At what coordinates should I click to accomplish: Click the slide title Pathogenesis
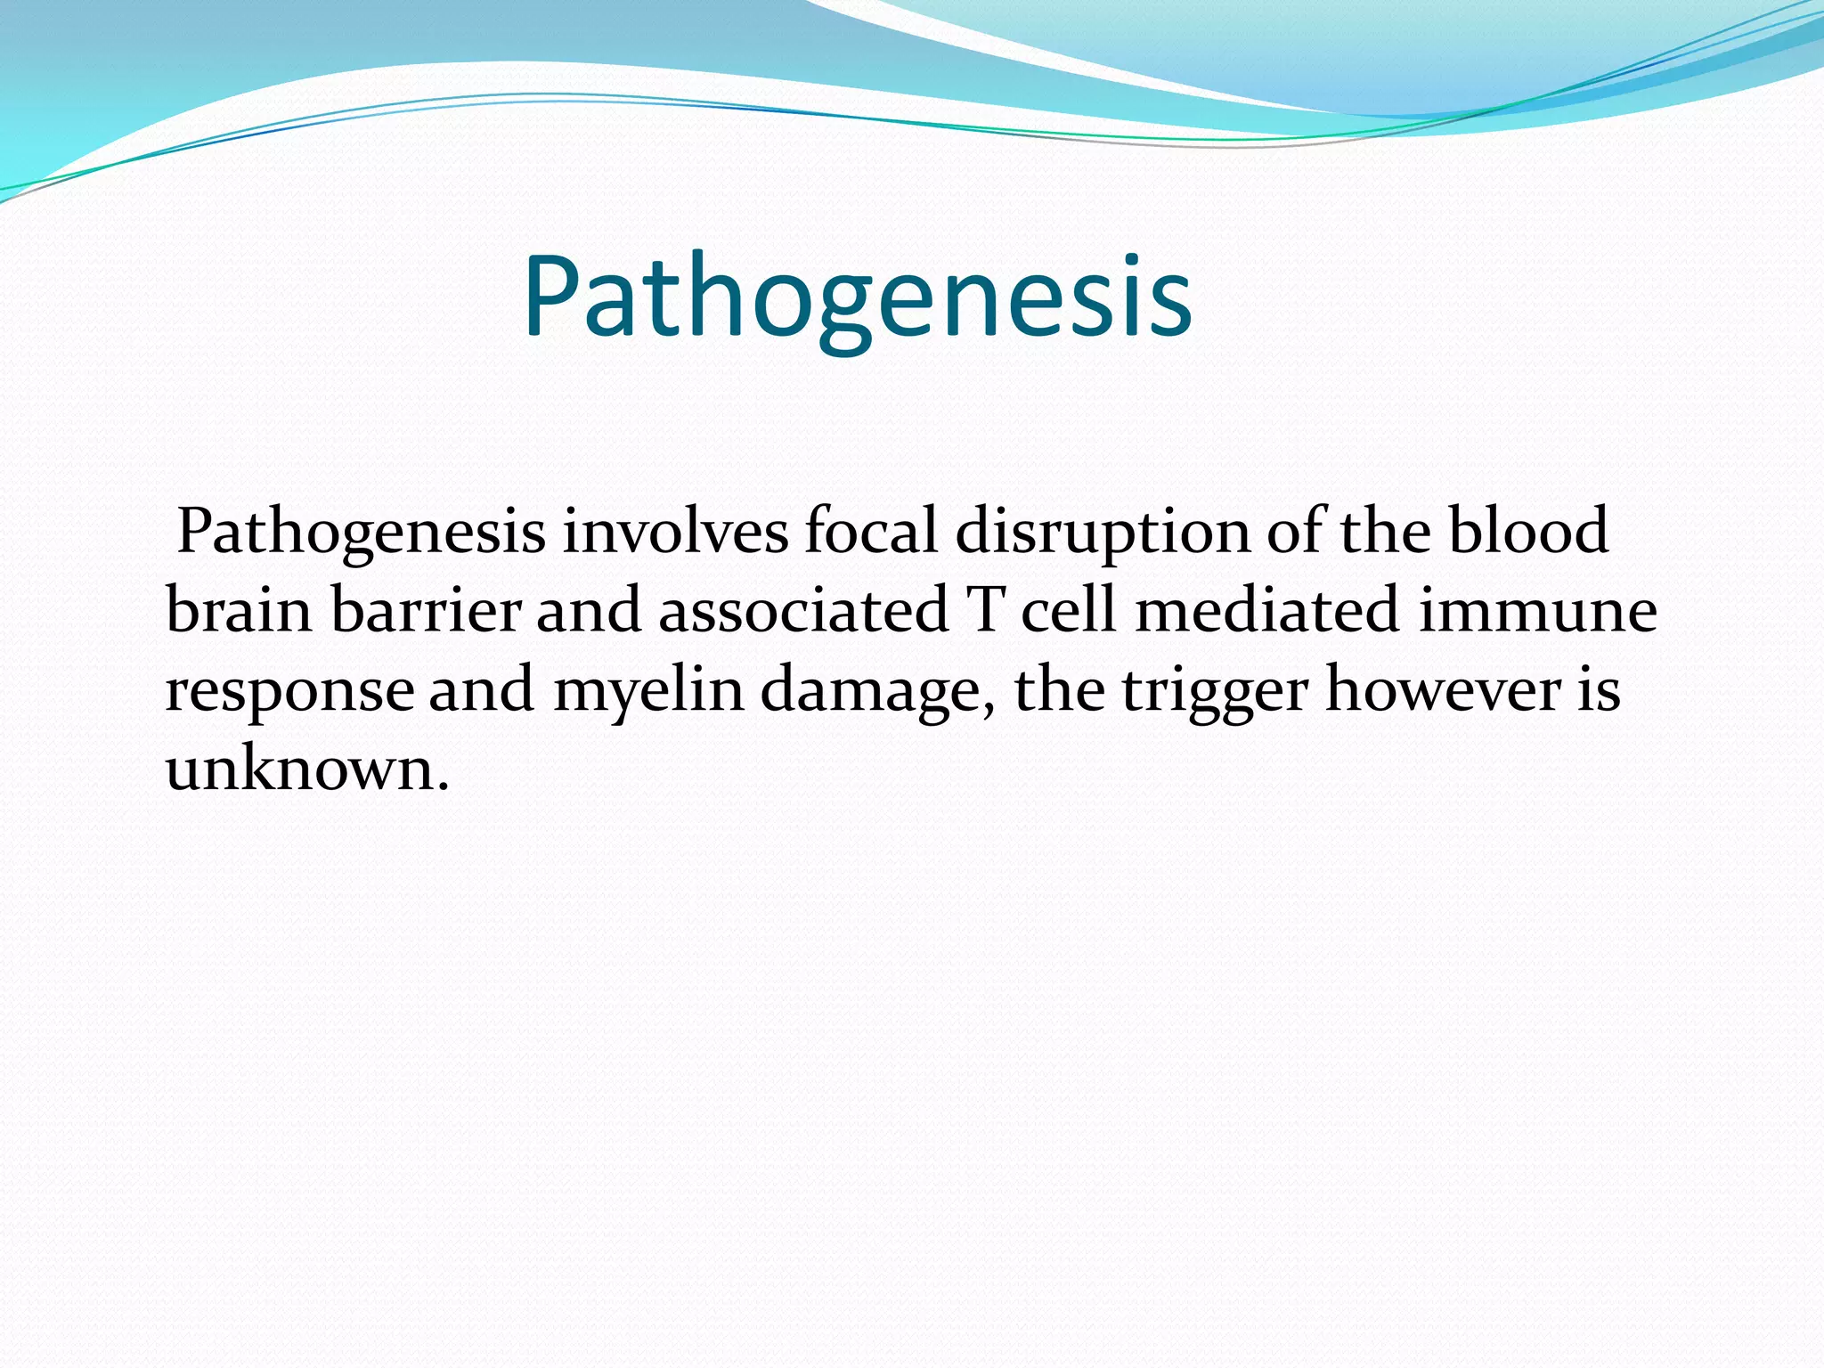(x=857, y=298)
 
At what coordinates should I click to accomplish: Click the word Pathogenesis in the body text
(x=361, y=532)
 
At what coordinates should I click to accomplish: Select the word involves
(x=675, y=532)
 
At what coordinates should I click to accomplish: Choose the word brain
(x=240, y=611)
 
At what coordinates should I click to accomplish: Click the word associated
(x=803, y=611)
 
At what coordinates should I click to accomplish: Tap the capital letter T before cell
(x=986, y=611)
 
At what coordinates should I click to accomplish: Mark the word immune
(x=1537, y=611)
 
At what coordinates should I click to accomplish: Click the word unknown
(x=299, y=769)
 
